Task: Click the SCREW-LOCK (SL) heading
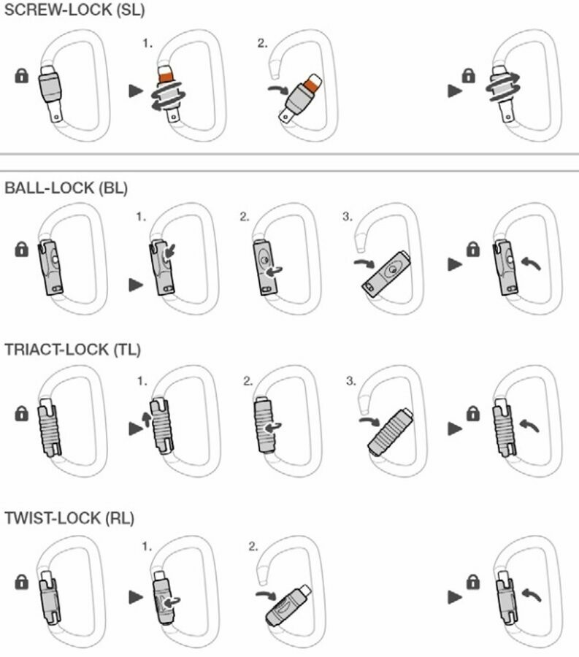pyautogui.click(x=74, y=9)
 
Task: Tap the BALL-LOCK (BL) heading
pyautogui.click(x=66, y=188)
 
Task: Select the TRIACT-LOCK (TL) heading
pyautogui.click(x=72, y=349)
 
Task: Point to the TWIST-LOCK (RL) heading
pyautogui.click(x=69, y=518)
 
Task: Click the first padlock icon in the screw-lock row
pyautogui.click(x=22, y=76)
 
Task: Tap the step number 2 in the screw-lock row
pyautogui.click(x=262, y=43)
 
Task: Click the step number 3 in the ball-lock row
pyautogui.click(x=348, y=217)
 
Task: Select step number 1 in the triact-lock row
pyautogui.click(x=142, y=381)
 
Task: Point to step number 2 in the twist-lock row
pyautogui.click(x=253, y=546)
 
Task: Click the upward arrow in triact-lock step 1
pyautogui.click(x=146, y=419)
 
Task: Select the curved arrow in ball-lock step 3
pyautogui.click(x=364, y=263)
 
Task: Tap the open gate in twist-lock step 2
pyautogui.click(x=288, y=606)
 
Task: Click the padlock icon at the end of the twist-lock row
pyautogui.click(x=473, y=582)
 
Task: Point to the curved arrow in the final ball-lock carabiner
pyautogui.click(x=532, y=263)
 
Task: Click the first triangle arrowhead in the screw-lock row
pyautogui.click(x=136, y=90)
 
